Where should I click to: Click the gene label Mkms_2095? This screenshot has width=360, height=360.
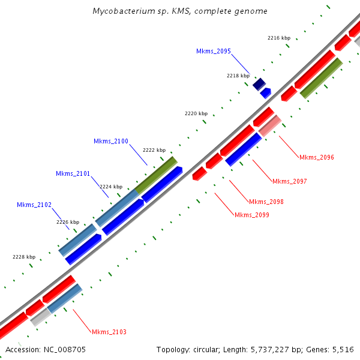(213, 51)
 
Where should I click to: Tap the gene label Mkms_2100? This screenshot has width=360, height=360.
(110, 141)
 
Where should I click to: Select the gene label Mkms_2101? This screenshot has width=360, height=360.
(73, 173)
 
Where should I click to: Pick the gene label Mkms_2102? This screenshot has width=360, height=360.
(34, 205)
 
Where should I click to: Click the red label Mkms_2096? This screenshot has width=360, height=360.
(316, 157)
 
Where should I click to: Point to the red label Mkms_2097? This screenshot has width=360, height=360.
(289, 181)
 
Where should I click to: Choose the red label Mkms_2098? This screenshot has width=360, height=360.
(266, 202)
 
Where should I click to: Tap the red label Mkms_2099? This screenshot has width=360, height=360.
(251, 215)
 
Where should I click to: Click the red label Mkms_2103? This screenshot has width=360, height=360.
(109, 332)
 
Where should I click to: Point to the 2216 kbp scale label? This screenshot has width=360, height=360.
(278, 38)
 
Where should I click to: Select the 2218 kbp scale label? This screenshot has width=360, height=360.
(238, 76)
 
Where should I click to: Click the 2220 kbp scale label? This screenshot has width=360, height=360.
(196, 113)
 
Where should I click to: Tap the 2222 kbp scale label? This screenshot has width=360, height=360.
(154, 150)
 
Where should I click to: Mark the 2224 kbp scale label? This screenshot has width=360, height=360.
(111, 187)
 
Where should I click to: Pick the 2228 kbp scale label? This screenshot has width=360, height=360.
(24, 257)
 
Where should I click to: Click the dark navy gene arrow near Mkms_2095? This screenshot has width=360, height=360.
(259, 84)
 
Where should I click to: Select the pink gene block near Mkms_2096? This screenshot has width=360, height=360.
(270, 125)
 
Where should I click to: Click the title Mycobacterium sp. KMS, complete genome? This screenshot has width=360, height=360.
(180, 11)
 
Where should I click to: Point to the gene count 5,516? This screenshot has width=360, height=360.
(343, 349)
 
